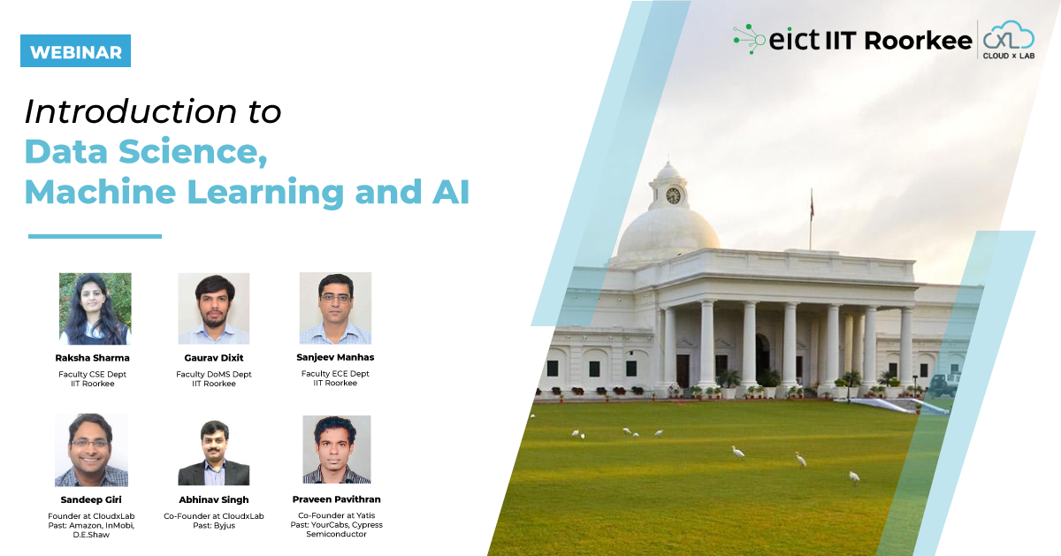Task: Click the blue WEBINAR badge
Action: tap(75, 51)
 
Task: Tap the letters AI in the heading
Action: tap(449, 191)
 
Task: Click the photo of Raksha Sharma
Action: tap(95, 308)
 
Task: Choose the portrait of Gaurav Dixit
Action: tap(214, 308)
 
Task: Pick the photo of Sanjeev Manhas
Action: tap(335, 308)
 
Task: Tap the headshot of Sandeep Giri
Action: tap(91, 450)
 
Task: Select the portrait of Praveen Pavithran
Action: tap(337, 450)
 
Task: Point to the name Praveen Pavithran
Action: tap(337, 499)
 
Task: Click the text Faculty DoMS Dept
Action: tap(214, 374)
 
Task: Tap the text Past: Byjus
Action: tap(214, 525)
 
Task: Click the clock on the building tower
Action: tap(674, 194)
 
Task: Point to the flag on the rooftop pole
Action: tap(812, 206)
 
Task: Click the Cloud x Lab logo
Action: tap(1008, 40)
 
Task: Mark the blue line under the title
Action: tap(95, 236)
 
